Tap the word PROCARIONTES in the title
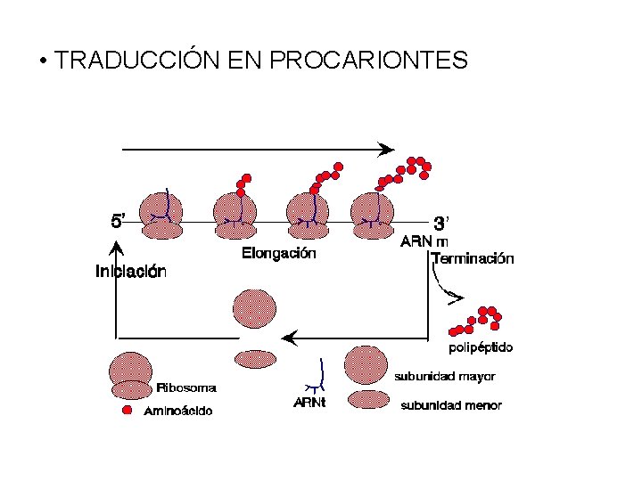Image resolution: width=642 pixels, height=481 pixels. click(x=367, y=61)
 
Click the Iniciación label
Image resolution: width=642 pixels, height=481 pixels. click(x=130, y=272)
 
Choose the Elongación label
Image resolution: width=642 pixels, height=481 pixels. click(x=278, y=253)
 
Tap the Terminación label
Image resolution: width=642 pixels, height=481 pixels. click(x=472, y=259)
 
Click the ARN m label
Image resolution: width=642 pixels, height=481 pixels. click(x=424, y=240)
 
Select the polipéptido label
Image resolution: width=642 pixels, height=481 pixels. click(x=480, y=347)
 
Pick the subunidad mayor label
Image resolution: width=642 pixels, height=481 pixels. click(x=445, y=377)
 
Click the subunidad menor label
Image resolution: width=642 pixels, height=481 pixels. click(x=451, y=405)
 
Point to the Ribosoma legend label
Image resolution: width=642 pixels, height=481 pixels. click(x=186, y=387)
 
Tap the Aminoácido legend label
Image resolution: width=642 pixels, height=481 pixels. click(x=178, y=411)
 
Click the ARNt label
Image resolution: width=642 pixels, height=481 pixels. click(x=309, y=404)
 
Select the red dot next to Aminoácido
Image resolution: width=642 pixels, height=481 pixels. click(x=127, y=410)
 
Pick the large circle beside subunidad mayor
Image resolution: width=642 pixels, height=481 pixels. click(x=366, y=365)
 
